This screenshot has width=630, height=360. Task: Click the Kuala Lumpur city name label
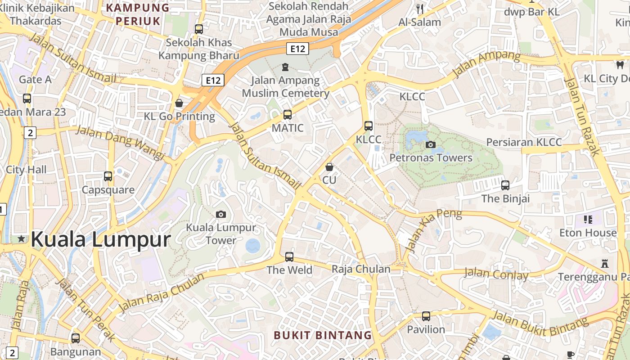pyautogui.click(x=101, y=239)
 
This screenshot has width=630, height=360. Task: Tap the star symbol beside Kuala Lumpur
pyautogui.click(x=21, y=239)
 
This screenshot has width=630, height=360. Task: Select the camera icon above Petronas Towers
pyautogui.click(x=430, y=144)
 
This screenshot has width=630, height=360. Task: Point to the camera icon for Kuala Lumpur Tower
pyautogui.click(x=220, y=214)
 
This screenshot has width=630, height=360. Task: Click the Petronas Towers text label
pyautogui.click(x=431, y=158)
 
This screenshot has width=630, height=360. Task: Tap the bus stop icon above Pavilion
pyautogui.click(x=426, y=316)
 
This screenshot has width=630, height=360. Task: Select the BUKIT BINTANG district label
pyautogui.click(x=323, y=335)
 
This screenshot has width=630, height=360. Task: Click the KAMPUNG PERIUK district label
pyautogui.click(x=138, y=14)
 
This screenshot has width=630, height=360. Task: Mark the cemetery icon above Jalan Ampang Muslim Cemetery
pyautogui.click(x=285, y=67)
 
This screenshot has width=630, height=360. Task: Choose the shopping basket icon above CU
pyautogui.click(x=329, y=167)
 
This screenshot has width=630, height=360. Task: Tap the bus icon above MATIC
pyautogui.click(x=288, y=115)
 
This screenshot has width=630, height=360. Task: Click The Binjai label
pyautogui.click(x=505, y=198)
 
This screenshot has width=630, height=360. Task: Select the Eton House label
pyautogui.click(x=588, y=233)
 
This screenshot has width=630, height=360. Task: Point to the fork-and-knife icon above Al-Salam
pyautogui.click(x=420, y=9)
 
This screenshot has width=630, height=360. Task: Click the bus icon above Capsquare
pyautogui.click(x=108, y=176)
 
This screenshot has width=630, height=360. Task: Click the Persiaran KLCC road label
pyautogui.click(x=524, y=143)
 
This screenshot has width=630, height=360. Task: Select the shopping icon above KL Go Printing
pyautogui.click(x=179, y=103)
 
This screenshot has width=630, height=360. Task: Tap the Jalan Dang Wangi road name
pyautogui.click(x=120, y=142)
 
